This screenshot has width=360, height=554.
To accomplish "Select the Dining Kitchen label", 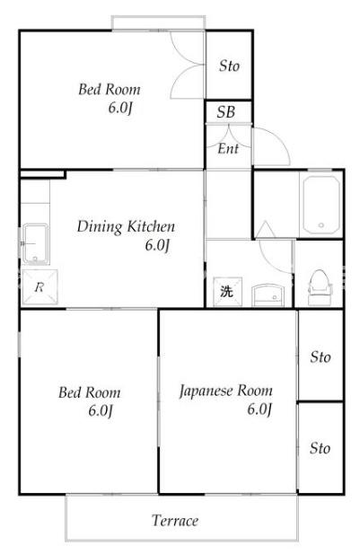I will point(125,226).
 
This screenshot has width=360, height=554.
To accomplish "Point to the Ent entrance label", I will point(228,148).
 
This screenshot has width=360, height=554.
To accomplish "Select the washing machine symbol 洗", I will point(227,292).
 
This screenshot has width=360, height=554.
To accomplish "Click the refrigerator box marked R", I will point(40,287).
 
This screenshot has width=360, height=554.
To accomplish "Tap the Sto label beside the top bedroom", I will point(229,66).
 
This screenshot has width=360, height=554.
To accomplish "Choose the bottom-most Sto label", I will point(320,447).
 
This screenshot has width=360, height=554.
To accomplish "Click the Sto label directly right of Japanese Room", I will point(320,357).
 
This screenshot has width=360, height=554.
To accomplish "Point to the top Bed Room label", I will point(110,89).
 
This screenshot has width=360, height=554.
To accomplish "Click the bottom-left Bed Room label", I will point(90,392).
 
